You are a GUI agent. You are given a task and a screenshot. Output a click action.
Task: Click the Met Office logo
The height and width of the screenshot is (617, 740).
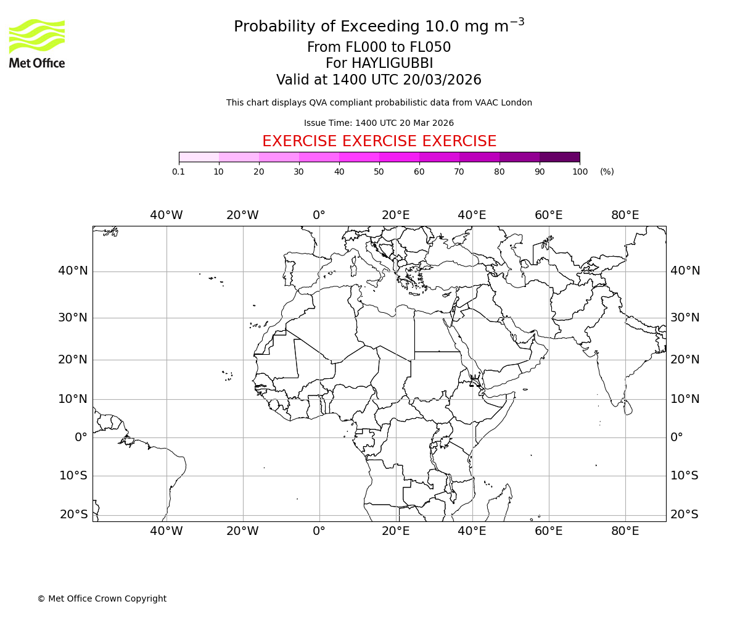point(37,43)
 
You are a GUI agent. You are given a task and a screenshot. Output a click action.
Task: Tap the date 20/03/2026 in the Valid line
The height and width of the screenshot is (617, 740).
point(442,80)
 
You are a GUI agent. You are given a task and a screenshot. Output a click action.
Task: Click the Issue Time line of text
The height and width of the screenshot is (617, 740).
point(379,123)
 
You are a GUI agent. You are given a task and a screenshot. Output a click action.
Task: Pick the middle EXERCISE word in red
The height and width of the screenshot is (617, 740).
point(379,142)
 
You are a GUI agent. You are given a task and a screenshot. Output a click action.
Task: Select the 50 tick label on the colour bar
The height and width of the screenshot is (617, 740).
point(379,172)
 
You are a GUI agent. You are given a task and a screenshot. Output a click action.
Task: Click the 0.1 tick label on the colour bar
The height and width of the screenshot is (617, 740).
point(179,172)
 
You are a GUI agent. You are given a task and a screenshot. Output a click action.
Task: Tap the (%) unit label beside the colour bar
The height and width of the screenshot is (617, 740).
point(607,172)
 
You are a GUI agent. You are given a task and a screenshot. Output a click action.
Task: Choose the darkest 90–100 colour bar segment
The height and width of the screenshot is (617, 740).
point(559,157)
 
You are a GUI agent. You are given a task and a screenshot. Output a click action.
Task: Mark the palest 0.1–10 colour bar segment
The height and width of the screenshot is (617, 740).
point(199,157)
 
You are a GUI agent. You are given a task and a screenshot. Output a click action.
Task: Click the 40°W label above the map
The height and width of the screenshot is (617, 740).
point(166,215)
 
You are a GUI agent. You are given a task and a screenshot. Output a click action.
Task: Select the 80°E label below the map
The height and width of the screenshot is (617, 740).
point(625,531)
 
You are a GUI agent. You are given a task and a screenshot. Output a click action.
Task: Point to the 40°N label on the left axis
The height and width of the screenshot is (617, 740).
point(73,271)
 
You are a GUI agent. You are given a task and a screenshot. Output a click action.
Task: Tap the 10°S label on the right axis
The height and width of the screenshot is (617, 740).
point(684,476)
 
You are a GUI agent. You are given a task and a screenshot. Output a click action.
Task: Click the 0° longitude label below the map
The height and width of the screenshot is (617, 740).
point(319,531)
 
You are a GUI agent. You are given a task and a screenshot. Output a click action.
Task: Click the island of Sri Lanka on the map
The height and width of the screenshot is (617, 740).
point(628,407)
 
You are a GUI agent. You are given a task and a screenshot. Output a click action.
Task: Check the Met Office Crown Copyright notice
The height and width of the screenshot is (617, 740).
point(102,598)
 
